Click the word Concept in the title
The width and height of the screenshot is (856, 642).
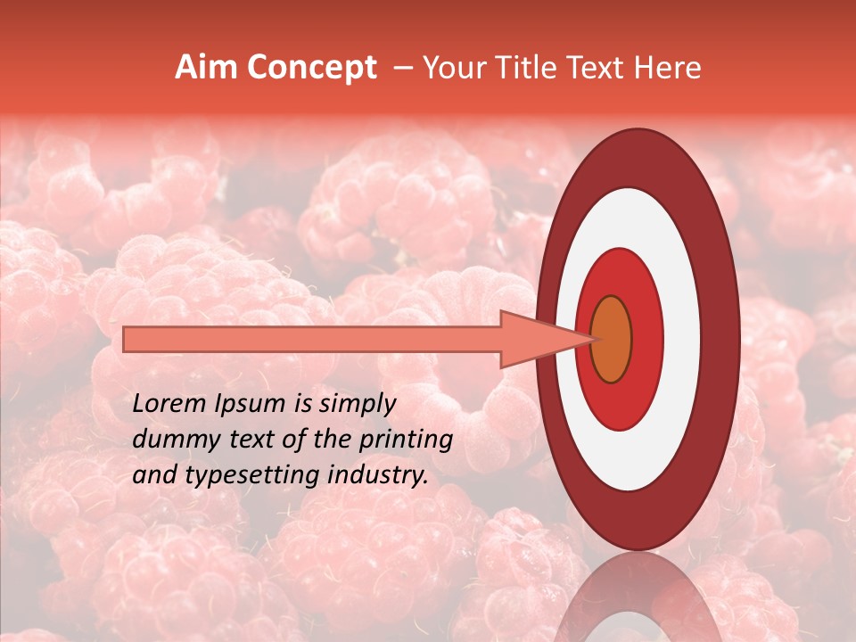coord(311,68)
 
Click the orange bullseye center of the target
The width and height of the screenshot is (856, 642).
coord(611,339)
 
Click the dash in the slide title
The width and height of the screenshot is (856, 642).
coord(402,68)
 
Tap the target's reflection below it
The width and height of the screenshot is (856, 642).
coord(638,597)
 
